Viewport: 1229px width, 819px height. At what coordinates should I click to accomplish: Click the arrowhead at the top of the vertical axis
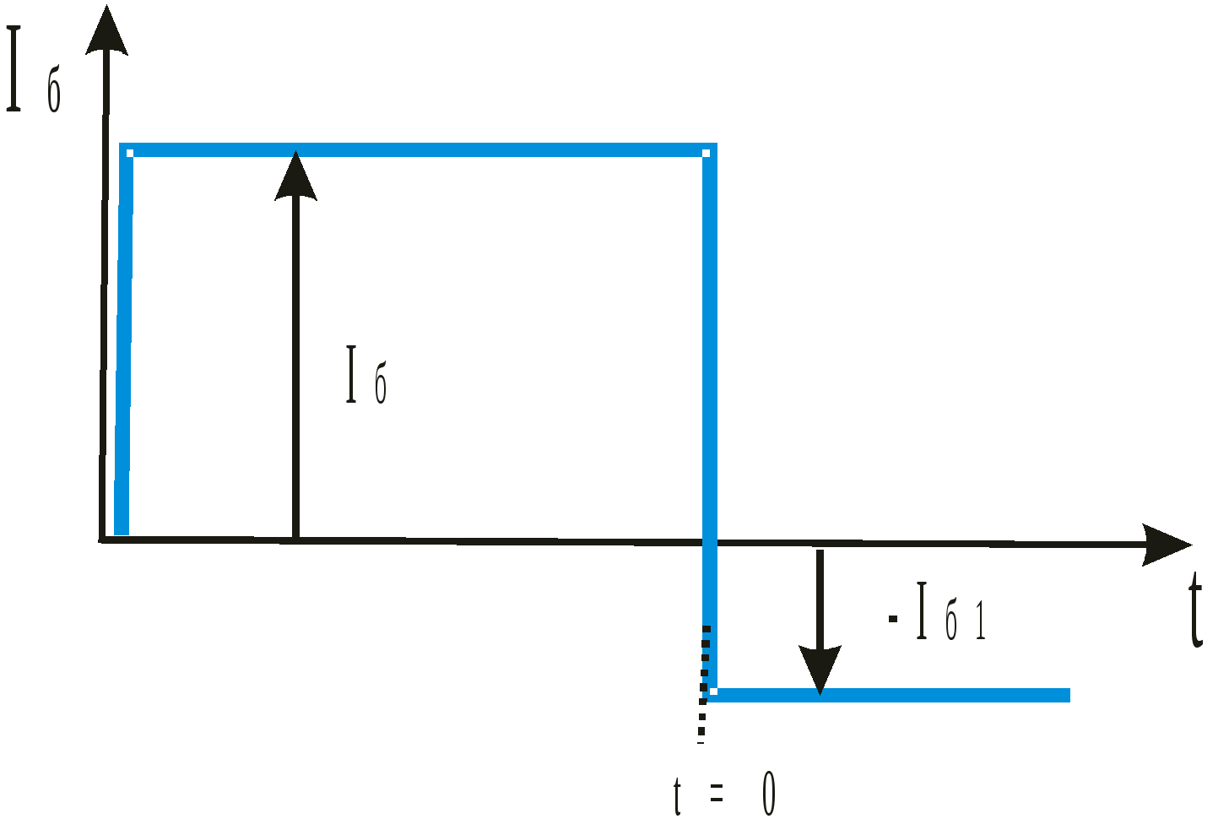tap(106, 32)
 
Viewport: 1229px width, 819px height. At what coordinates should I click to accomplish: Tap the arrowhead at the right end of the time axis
tap(1166, 545)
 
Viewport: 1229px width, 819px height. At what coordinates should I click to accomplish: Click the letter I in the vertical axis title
tap(14, 69)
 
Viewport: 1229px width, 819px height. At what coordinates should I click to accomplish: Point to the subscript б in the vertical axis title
tap(54, 94)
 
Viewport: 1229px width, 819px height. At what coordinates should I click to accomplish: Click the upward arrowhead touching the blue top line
tap(295, 176)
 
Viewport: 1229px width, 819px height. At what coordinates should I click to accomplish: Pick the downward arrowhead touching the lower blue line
tap(820, 670)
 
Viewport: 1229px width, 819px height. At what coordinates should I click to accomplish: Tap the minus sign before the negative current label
tap(893, 619)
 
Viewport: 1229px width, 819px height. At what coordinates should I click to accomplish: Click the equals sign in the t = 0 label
tap(717, 793)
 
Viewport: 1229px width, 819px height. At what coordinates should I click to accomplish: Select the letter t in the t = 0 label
tap(677, 795)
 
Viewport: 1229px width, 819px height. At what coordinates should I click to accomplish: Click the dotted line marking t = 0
tap(704, 684)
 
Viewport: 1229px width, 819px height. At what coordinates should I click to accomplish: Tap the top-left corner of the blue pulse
tap(126, 151)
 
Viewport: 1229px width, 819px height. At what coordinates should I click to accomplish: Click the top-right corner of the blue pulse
tap(709, 151)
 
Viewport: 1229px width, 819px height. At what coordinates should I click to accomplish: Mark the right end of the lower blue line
tap(1068, 695)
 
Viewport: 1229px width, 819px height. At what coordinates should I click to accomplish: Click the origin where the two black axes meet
tap(102, 539)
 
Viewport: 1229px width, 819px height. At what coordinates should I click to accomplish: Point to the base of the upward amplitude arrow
tap(295, 537)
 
